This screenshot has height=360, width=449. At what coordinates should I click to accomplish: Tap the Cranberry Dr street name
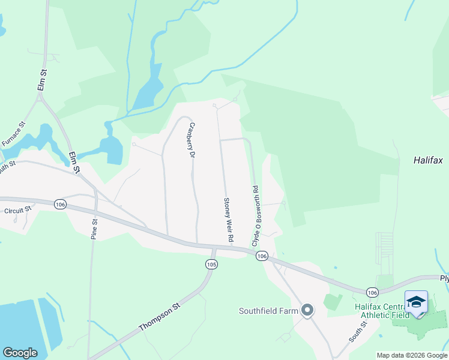(x=193, y=140)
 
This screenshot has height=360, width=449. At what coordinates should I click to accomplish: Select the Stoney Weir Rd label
(x=228, y=220)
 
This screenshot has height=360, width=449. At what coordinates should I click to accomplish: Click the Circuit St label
(x=17, y=211)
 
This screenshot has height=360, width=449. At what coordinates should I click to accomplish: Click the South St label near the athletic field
(x=359, y=331)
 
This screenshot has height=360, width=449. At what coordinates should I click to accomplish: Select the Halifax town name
(x=427, y=160)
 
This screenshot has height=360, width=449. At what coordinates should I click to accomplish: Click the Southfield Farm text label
(x=268, y=311)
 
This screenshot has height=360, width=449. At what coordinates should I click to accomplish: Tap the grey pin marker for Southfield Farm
(x=307, y=310)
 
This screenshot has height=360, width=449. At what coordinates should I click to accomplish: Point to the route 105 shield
(x=211, y=264)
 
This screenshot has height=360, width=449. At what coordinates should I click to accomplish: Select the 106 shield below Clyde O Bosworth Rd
(x=261, y=256)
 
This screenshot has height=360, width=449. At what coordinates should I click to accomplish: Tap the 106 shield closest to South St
(x=372, y=292)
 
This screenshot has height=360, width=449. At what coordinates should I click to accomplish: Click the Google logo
(x=20, y=353)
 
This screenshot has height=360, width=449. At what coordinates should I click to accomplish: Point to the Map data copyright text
(x=411, y=355)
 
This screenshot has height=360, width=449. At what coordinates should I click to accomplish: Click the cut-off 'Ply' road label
(x=444, y=279)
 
